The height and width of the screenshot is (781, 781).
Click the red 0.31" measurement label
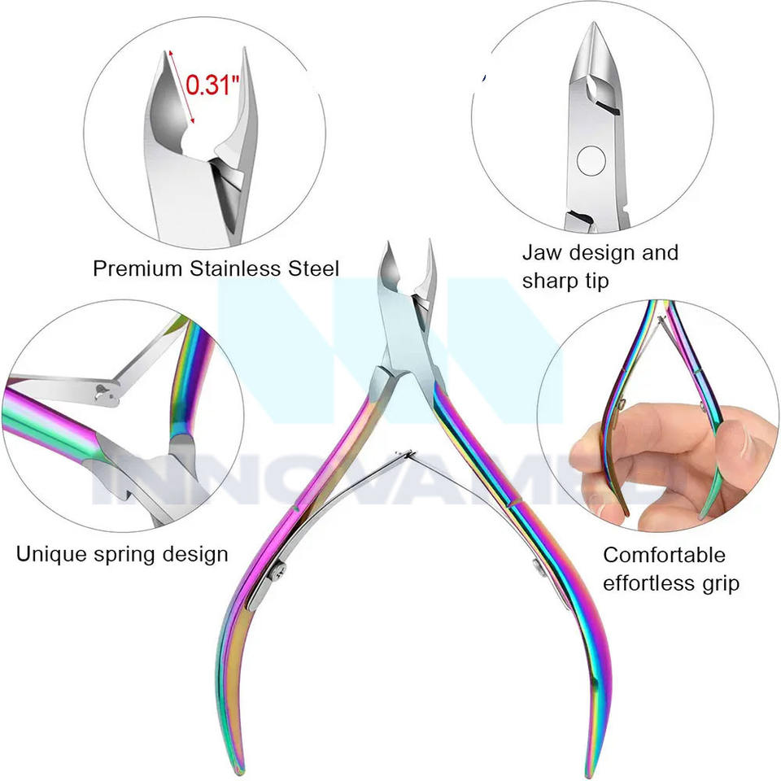(212, 84)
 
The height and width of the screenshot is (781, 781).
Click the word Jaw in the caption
(540, 253)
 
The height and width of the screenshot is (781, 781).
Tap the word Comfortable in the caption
(664, 555)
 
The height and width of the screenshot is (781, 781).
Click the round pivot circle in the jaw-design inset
(590, 159)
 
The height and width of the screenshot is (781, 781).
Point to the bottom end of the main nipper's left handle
(229, 761)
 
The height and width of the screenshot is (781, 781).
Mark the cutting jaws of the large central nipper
(407, 277)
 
